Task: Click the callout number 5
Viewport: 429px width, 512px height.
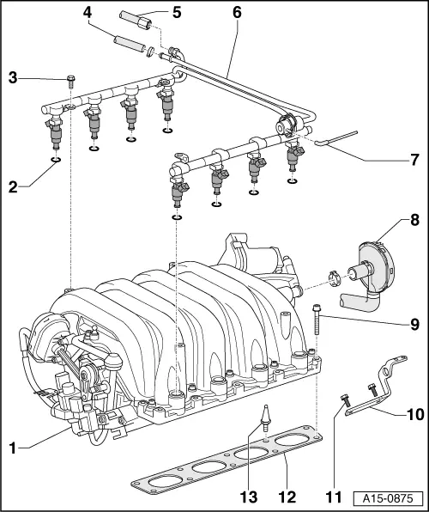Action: pos(177,12)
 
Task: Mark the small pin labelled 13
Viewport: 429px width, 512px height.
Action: pos(267,419)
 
